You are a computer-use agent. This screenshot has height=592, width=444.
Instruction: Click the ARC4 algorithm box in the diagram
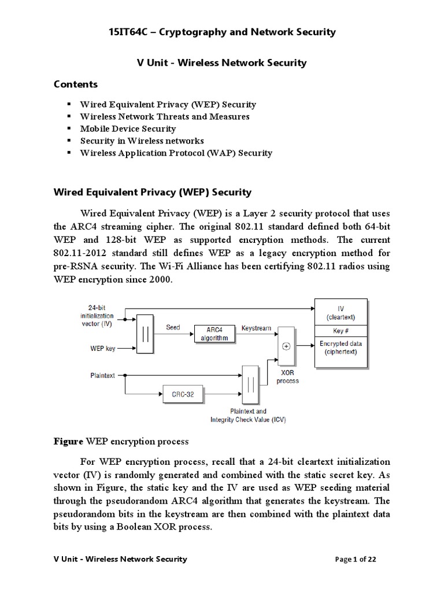coord(216,334)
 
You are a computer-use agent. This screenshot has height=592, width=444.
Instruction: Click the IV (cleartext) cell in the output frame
coord(340,313)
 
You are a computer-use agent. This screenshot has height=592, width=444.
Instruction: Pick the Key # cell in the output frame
coord(340,331)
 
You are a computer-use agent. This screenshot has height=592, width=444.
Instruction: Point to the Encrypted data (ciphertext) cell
coord(340,347)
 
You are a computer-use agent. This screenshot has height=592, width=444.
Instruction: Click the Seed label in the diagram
coord(173,328)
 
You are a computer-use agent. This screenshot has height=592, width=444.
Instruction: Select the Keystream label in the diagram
coord(257,328)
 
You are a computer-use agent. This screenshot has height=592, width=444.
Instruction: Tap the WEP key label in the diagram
coord(103,349)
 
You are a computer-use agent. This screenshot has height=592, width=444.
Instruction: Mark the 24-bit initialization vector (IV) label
coord(97,317)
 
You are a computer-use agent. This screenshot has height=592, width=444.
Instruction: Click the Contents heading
coord(76,84)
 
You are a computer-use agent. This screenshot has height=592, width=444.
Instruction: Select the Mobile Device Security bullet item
coord(128,128)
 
